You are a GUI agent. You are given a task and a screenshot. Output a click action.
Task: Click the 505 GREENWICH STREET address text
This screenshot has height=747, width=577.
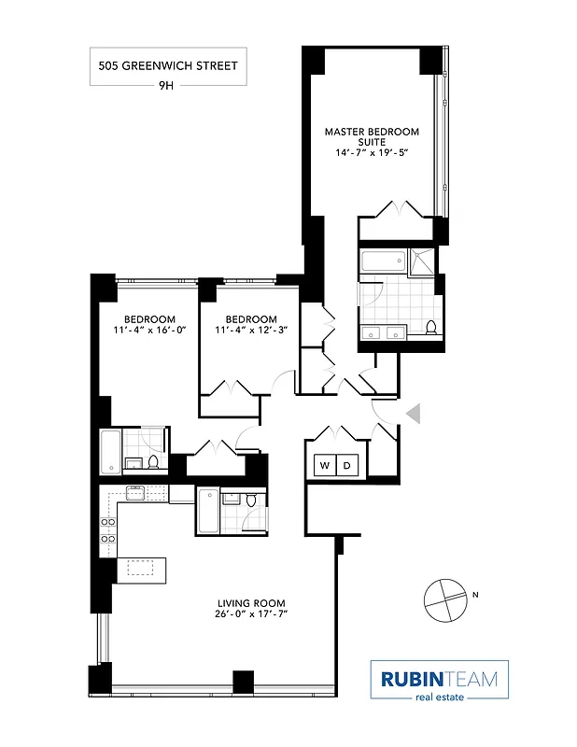pyautogui.click(x=168, y=65)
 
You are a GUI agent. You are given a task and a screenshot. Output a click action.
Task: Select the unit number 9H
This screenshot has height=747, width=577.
pyautogui.click(x=168, y=85)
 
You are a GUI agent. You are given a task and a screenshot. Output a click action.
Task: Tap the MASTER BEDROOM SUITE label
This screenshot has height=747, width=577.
pyautogui.click(x=372, y=137)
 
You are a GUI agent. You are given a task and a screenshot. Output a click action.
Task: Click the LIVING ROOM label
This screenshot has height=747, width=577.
pyautogui.click(x=251, y=603)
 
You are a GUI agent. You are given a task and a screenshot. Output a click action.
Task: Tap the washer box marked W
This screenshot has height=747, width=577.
pyautogui.click(x=324, y=464)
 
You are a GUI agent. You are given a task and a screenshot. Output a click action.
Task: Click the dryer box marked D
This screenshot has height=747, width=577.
pyautogui.click(x=346, y=464)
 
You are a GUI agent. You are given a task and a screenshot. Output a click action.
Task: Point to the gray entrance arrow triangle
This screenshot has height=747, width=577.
pyautogui.click(x=415, y=412)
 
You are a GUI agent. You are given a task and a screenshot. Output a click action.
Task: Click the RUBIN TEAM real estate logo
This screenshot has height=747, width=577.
pyautogui.click(x=439, y=680)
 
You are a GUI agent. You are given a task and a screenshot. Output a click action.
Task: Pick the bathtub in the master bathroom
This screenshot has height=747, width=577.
pyautogui.click(x=383, y=262)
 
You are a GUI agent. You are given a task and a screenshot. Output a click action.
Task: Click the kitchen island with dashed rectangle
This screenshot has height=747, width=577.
pyautogui.click(x=140, y=569)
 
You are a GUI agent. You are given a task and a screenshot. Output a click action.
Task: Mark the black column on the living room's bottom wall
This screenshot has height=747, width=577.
pyautogui.click(x=243, y=682)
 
